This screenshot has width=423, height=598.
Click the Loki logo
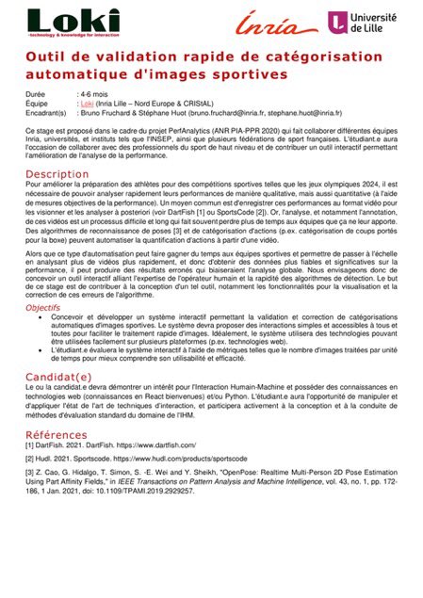coord(72,22)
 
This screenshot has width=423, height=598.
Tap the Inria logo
coord(271,22)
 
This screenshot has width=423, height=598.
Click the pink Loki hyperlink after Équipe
coord(92,104)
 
